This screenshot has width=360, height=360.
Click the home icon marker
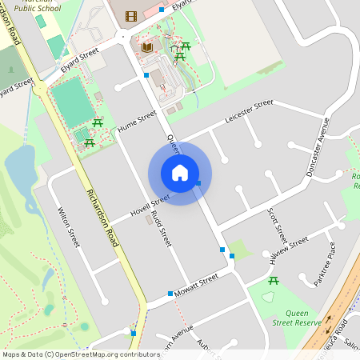pos(180,173)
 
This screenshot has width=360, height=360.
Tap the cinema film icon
pos(131,15)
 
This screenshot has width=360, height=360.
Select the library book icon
pos(147,48)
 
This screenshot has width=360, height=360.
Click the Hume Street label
pos(137,121)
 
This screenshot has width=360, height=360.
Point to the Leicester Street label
pos(249,109)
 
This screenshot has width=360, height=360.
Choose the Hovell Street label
pos(150,206)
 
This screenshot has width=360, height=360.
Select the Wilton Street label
pos(69,226)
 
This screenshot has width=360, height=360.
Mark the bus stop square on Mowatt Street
pos(170,294)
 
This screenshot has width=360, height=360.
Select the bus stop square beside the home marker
pos(198,183)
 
